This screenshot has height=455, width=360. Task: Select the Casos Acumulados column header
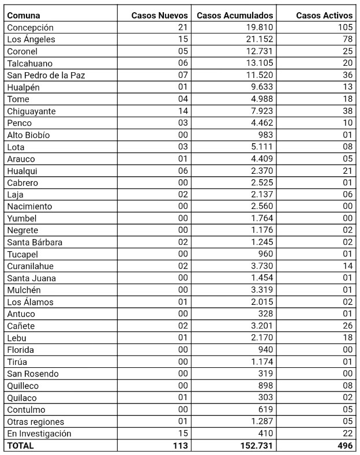click(235, 15)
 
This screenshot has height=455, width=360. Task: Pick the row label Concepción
click(31, 28)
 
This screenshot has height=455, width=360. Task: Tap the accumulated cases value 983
click(265, 135)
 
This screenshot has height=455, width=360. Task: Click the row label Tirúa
click(18, 362)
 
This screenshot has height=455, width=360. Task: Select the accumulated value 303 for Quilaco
click(265, 398)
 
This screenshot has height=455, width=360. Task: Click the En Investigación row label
click(39, 434)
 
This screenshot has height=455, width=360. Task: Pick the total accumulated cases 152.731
click(255, 446)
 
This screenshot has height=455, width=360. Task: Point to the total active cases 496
click(344, 446)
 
